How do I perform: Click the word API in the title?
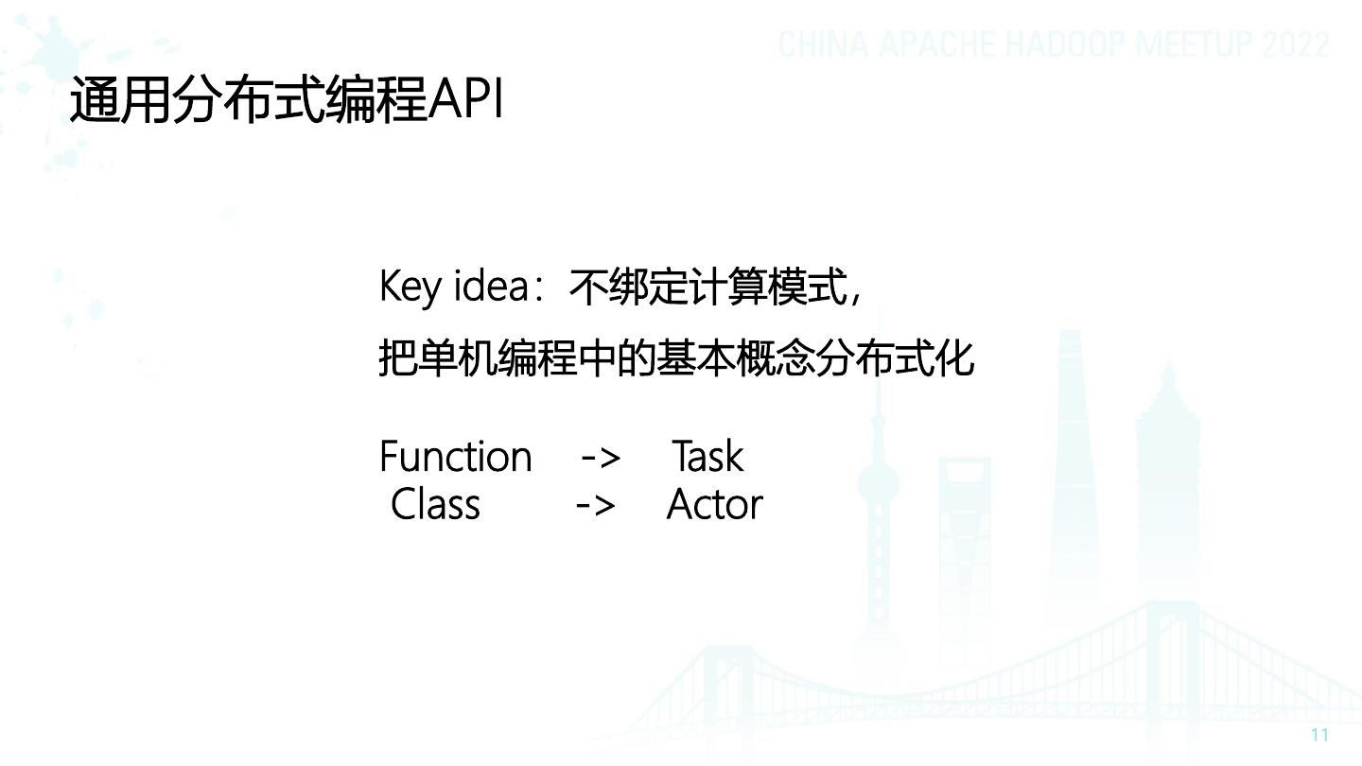pyautogui.click(x=465, y=99)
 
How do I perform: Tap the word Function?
pyautogui.click(x=456, y=456)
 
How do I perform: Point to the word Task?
pyautogui.click(x=707, y=456)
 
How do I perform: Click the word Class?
pyautogui.click(x=435, y=504)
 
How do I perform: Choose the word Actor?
pyautogui.click(x=714, y=504)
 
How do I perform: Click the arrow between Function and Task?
pyautogui.click(x=601, y=458)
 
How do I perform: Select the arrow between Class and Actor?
pyautogui.click(x=595, y=506)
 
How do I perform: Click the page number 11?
pyautogui.click(x=1319, y=735)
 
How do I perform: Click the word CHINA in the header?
pyautogui.click(x=823, y=44)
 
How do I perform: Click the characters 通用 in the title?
pyautogui.click(x=120, y=99)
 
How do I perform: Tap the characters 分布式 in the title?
pyautogui.click(x=249, y=99)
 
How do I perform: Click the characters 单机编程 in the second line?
pyautogui.click(x=498, y=358)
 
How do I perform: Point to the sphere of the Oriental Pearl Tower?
pyautogui.click(x=878, y=484)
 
